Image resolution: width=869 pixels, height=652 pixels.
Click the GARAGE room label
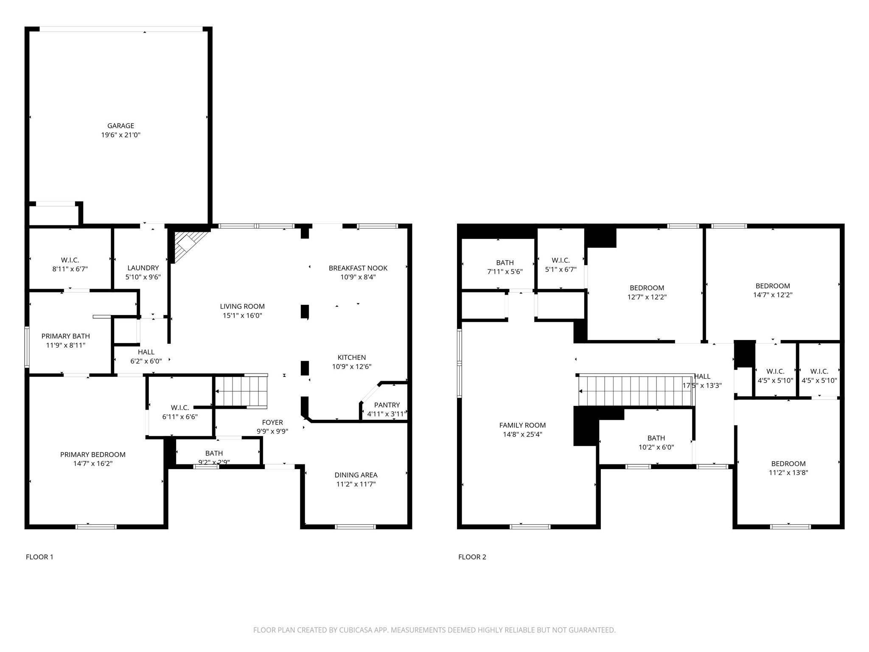tap(121, 126)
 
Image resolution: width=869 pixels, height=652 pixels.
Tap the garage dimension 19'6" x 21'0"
tap(121, 135)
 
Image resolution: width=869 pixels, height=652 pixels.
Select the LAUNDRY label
tap(143, 268)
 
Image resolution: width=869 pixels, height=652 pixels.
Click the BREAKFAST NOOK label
tap(358, 268)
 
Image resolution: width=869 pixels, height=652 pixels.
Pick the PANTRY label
tap(387, 405)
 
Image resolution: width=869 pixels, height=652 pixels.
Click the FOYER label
tap(272, 422)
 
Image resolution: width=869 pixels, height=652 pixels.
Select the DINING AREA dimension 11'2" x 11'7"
tap(356, 484)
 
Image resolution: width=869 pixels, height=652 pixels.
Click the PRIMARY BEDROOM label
tap(93, 455)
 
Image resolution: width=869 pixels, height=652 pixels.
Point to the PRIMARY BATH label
tap(66, 336)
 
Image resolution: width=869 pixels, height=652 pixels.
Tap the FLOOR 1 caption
tap(39, 557)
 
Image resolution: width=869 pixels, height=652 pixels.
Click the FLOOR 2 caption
tap(472, 557)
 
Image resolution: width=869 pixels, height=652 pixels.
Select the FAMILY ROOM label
tap(522, 425)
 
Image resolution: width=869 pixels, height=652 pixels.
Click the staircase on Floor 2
tap(636, 391)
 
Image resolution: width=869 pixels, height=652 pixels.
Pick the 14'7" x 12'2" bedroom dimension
tap(773, 295)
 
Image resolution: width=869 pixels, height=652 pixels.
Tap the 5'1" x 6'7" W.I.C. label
tap(561, 270)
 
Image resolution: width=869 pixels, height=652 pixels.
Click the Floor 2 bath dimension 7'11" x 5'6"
tap(505, 272)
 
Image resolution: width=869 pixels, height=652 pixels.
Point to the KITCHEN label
tap(352, 357)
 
